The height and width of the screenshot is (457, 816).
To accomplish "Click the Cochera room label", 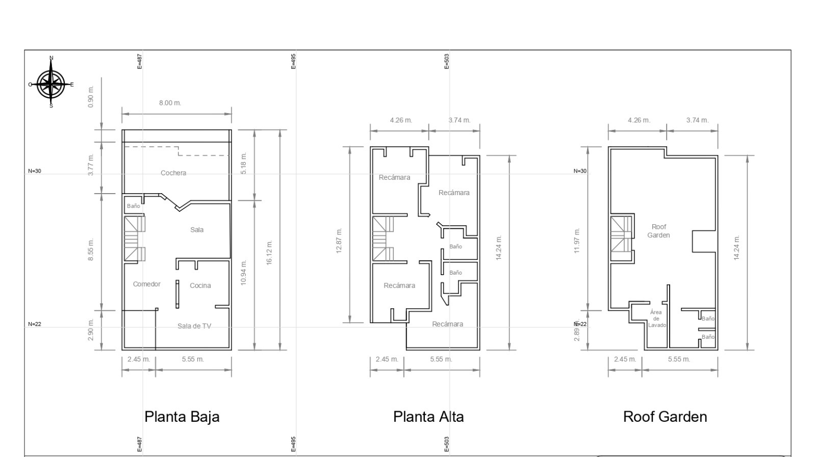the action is (x=173, y=173).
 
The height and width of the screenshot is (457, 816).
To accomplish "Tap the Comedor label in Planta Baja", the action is (x=146, y=284).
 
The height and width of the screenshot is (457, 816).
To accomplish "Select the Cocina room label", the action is (x=200, y=286).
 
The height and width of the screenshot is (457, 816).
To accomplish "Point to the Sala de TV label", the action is (x=194, y=326).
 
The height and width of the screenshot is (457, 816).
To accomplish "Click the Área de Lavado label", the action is (x=657, y=319).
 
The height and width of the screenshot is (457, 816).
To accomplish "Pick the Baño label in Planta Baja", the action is (x=133, y=206).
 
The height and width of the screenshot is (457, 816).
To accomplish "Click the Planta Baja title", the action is (x=182, y=417).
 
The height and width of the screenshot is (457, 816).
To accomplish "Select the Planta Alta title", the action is (x=428, y=417).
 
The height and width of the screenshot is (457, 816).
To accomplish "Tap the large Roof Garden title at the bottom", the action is (x=665, y=417).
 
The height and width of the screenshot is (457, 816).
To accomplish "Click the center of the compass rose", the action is (x=50, y=84).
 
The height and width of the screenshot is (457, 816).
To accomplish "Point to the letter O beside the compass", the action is (x=30, y=85).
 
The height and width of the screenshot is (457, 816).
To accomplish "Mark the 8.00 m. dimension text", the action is (x=170, y=103).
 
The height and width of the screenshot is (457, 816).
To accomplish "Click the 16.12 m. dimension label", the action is (x=269, y=253).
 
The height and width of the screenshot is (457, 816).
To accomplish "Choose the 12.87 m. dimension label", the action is (x=339, y=240).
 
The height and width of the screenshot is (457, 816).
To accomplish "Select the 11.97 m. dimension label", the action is (x=577, y=240).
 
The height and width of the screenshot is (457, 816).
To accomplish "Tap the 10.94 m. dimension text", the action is (x=244, y=273).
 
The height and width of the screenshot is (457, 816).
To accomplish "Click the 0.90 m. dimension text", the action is (x=91, y=97).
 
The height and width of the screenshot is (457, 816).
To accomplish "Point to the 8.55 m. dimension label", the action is (x=91, y=250).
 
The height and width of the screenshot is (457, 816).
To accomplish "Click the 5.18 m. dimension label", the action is (x=244, y=163).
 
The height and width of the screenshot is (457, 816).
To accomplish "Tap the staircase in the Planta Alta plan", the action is (x=383, y=238).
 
